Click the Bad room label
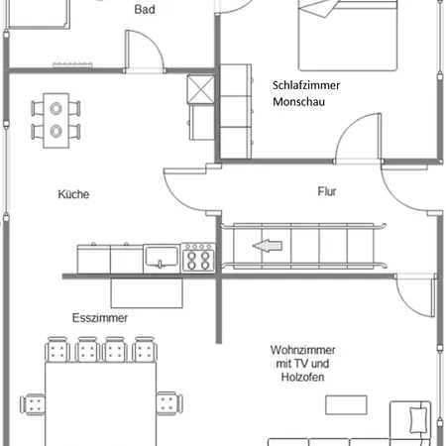[145, 9]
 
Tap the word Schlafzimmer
[306, 85]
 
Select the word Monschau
[298, 102]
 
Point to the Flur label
[327, 191]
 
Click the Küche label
[73, 194]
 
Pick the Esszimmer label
[100, 318]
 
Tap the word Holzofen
[302, 377]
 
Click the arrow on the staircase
[268, 246]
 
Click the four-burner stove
[198, 258]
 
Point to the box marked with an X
[200, 89]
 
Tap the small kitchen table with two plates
[56, 121]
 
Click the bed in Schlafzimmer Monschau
[348, 35]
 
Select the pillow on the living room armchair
[418, 420]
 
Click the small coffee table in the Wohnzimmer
[346, 404]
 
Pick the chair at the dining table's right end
[169, 403]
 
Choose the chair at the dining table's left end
[33, 404]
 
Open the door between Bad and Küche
[145, 52]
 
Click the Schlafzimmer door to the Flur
[358, 139]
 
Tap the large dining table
[100, 404]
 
